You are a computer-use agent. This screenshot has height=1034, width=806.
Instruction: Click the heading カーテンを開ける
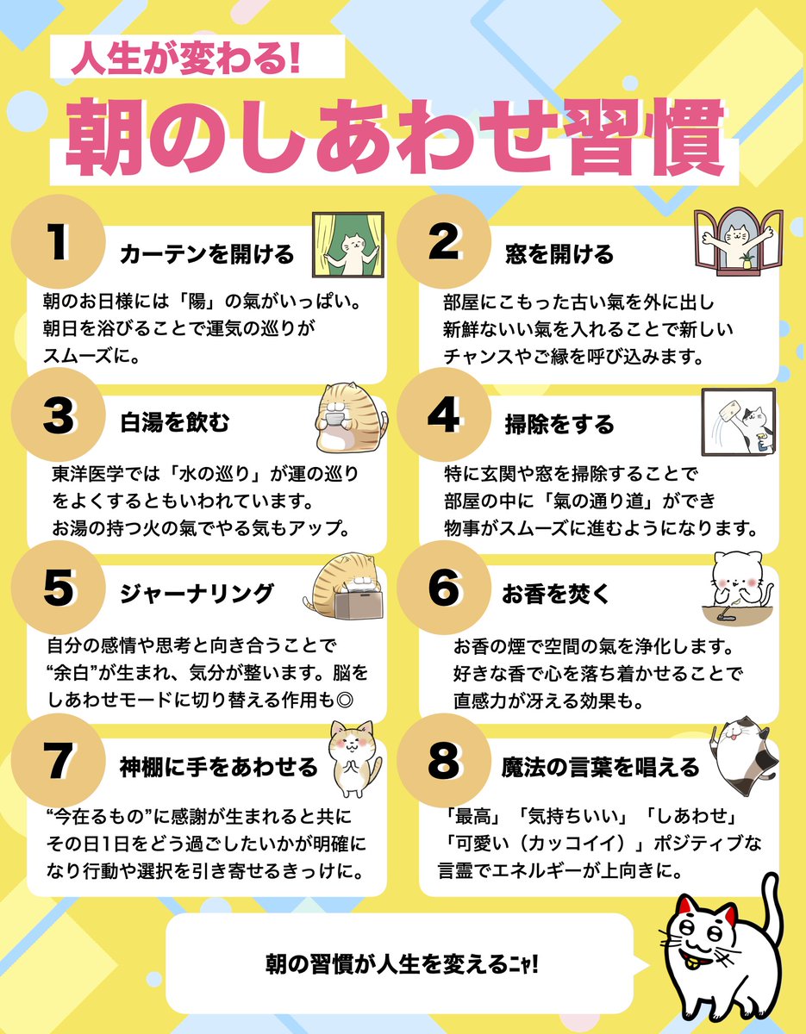[207, 254]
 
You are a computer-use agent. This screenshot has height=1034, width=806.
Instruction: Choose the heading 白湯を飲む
[175, 424]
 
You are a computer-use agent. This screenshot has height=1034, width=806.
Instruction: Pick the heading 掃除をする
[559, 424]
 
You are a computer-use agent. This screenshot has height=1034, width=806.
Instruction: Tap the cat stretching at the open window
[737, 242]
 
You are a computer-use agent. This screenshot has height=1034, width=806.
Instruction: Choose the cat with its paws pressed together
[353, 758]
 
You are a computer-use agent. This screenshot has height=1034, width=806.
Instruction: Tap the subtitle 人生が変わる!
[184, 59]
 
